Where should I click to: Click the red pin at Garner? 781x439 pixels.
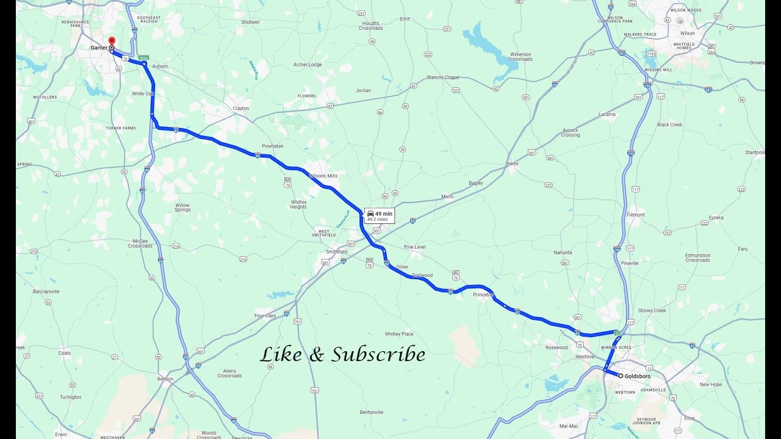coord(112,41)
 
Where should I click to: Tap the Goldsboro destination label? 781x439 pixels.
coord(637,376)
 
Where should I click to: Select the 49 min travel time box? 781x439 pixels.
coord(380,216)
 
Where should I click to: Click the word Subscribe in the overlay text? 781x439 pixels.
coord(378,354)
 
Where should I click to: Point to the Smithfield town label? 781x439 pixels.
coord(336,252)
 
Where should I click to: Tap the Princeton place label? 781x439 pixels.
coord(483,294)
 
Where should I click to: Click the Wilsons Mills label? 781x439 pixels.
coord(323,176)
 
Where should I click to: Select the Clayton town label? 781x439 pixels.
coord(241,109)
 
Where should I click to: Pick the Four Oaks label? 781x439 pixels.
coord(265,316)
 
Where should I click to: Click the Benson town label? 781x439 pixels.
coord(165,379)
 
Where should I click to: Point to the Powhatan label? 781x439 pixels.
coord(273,146)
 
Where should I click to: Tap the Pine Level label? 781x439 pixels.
coord(414,247)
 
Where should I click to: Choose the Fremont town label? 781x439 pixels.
coord(635,215)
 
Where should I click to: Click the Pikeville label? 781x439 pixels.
coord(630,263)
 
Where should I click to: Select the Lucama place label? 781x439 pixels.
coord(607,114)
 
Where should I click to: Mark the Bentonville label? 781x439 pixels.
coord(372,412)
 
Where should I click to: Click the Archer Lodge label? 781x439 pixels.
coord(308,65)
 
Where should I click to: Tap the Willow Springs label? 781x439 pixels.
coord(182,207)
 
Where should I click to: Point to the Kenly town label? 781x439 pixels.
coord(513,163)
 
